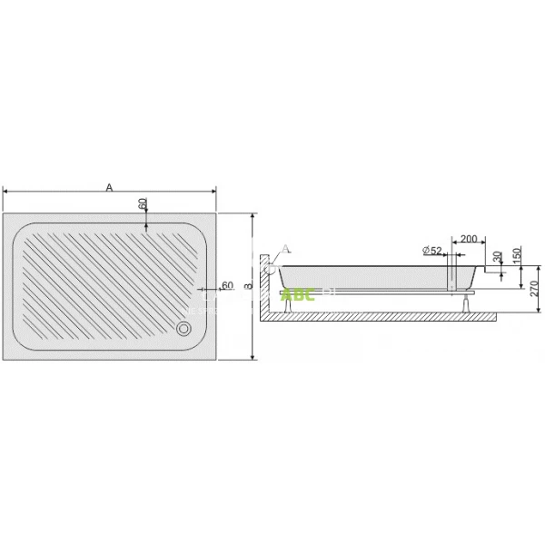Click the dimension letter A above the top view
pyautogui.click(x=109, y=186)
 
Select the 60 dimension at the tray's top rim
pyautogui.click(x=143, y=204)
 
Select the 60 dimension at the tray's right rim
pyautogui.click(x=227, y=285)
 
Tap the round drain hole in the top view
pyautogui.click(x=186, y=328)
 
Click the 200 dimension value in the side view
pyautogui.click(x=468, y=239)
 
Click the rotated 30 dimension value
pyautogui.click(x=496, y=259)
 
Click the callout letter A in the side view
pyautogui.click(x=286, y=248)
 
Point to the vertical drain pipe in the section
pyautogui.click(x=451, y=273)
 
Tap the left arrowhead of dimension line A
pyautogui.click(x=8, y=192)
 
